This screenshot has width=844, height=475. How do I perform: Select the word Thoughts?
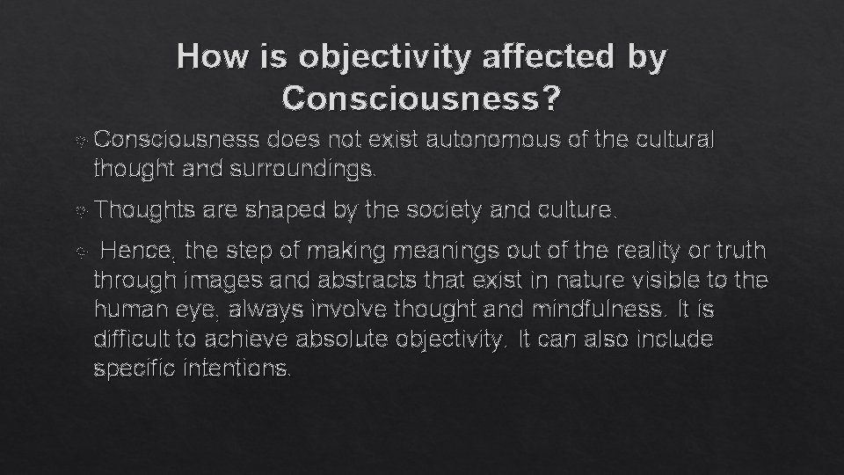(144, 211)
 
